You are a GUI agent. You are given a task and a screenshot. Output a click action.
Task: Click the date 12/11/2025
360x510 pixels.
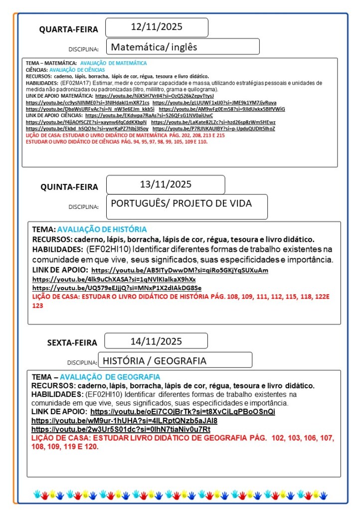156,26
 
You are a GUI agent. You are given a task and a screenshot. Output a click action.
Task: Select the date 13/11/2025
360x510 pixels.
166,184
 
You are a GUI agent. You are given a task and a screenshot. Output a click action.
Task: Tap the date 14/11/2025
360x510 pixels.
156,341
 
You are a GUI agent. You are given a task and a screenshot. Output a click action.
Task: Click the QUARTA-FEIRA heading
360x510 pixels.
69,29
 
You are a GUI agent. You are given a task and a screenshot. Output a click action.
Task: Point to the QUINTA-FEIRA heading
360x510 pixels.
69,187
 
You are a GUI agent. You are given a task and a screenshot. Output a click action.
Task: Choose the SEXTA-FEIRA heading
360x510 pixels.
72,342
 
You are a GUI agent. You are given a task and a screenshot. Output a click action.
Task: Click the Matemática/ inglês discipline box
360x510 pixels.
182,47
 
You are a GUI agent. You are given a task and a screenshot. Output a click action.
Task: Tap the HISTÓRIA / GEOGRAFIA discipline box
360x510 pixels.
175,360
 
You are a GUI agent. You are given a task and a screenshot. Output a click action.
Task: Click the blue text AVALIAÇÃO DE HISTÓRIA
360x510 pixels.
102,229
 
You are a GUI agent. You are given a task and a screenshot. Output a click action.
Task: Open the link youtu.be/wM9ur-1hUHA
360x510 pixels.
124,420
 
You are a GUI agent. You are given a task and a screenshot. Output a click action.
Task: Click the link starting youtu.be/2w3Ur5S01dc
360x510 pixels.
121,429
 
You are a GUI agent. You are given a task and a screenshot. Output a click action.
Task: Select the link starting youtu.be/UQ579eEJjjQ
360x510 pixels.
117,288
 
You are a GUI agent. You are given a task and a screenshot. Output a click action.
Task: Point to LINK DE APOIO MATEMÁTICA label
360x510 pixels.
59,96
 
